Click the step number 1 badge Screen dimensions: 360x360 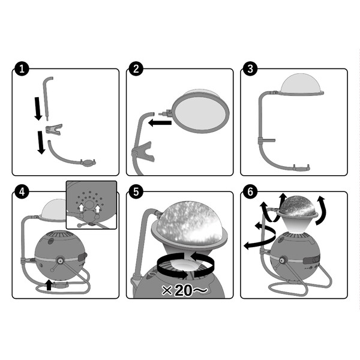click(22, 68)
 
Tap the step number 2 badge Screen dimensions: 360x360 click(136, 68)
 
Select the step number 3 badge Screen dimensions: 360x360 click(250, 68)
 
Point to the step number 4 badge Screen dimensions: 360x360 click(22, 192)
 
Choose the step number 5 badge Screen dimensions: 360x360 click(136, 192)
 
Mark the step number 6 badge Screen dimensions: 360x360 click(250, 192)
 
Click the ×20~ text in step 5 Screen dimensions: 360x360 click(184, 290)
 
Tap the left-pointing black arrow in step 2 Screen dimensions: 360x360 click(160, 123)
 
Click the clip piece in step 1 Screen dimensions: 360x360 click(54, 129)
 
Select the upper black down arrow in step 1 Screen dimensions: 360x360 click(38, 109)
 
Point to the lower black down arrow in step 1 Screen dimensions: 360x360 click(41, 142)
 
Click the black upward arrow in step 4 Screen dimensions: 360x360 click(49, 285)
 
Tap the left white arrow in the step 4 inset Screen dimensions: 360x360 click(81, 208)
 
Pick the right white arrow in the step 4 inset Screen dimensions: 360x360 click(98, 209)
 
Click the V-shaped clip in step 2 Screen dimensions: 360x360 click(144, 152)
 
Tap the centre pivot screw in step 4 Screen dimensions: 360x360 click(61, 260)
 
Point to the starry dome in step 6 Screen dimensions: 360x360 click(297, 206)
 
